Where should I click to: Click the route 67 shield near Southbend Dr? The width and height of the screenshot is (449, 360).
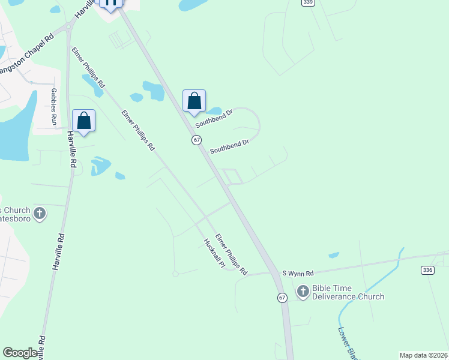(x=196, y=139)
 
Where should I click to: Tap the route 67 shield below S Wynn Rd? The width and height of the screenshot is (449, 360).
(x=282, y=298)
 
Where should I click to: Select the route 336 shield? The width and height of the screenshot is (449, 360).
(x=427, y=271)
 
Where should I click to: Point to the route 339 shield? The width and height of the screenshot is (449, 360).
(x=308, y=2)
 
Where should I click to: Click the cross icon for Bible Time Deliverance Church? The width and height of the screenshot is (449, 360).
(x=303, y=292)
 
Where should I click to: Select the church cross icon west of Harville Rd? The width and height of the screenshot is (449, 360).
(x=40, y=213)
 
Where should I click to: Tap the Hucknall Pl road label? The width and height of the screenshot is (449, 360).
(x=213, y=253)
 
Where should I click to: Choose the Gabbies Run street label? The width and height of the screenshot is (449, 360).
(x=54, y=107)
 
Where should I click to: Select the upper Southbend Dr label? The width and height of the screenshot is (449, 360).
(x=214, y=118)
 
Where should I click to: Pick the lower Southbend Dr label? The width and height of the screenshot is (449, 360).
(x=229, y=146)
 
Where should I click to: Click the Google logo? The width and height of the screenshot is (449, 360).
(x=20, y=353)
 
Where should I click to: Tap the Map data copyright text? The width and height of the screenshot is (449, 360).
(x=423, y=355)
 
